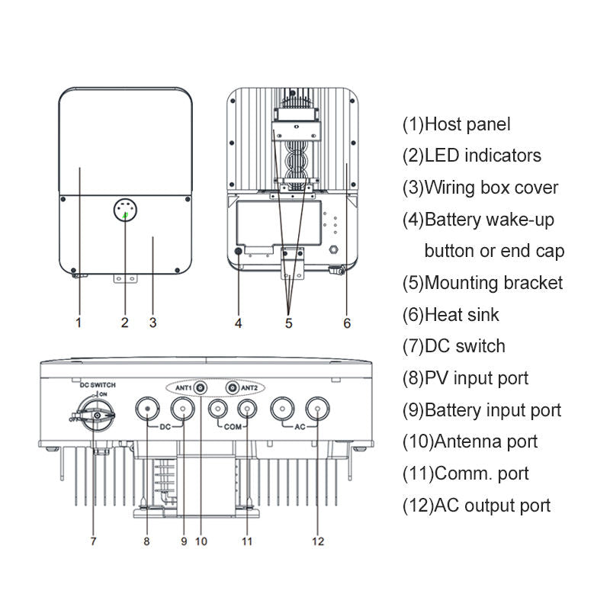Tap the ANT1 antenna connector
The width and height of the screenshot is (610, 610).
pyautogui.click(x=200, y=388)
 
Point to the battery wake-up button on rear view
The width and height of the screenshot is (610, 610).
pyautogui.click(x=239, y=251)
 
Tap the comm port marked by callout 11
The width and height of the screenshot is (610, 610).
pyautogui.click(x=246, y=409)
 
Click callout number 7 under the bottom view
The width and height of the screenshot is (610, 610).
pyautogui.click(x=93, y=541)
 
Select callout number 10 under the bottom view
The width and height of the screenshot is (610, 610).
pyautogui.click(x=201, y=541)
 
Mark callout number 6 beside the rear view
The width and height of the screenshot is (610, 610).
pyautogui.click(x=347, y=323)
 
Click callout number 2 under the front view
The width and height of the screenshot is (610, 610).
pyautogui.click(x=125, y=323)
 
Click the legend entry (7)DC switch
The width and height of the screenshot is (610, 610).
pyautogui.click(x=454, y=346)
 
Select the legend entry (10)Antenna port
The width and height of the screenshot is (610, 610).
pyautogui.click(x=470, y=441)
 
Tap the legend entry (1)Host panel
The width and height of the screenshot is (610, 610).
pyautogui.click(x=456, y=124)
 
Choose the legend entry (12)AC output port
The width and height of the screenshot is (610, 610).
pyautogui.click(x=476, y=505)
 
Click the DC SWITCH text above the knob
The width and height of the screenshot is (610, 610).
pyautogui.click(x=94, y=386)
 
